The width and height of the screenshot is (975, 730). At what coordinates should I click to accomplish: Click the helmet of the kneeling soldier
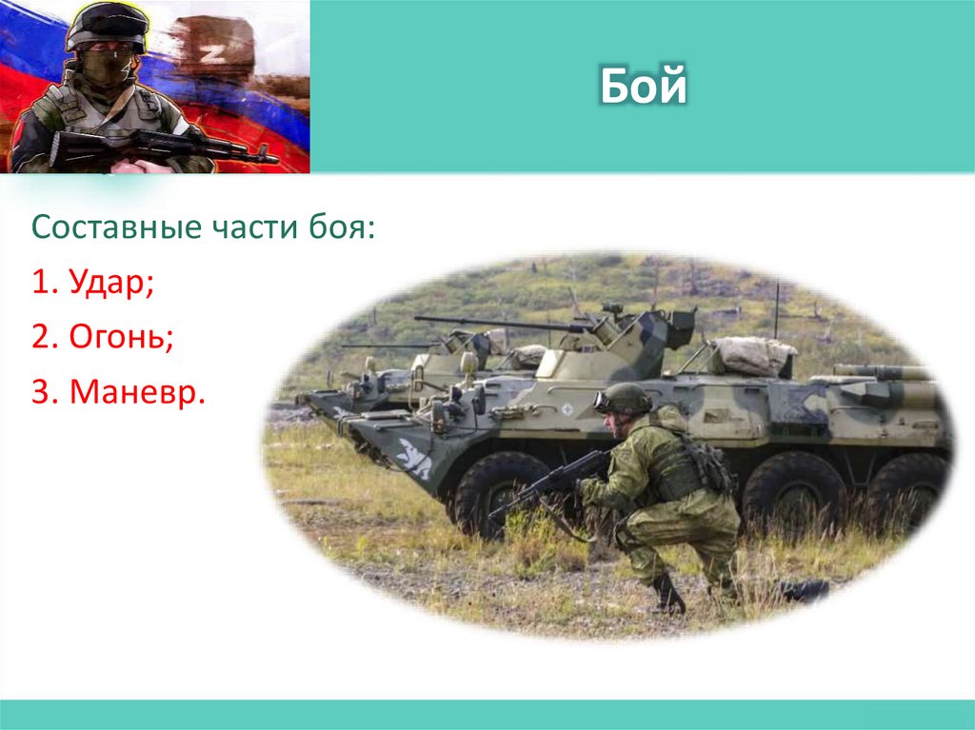[625, 397]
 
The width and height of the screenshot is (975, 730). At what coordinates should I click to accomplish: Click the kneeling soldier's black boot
[667, 595]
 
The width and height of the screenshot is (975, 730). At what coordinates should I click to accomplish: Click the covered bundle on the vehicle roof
[752, 355]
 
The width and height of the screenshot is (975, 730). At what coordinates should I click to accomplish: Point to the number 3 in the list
[39, 391]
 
